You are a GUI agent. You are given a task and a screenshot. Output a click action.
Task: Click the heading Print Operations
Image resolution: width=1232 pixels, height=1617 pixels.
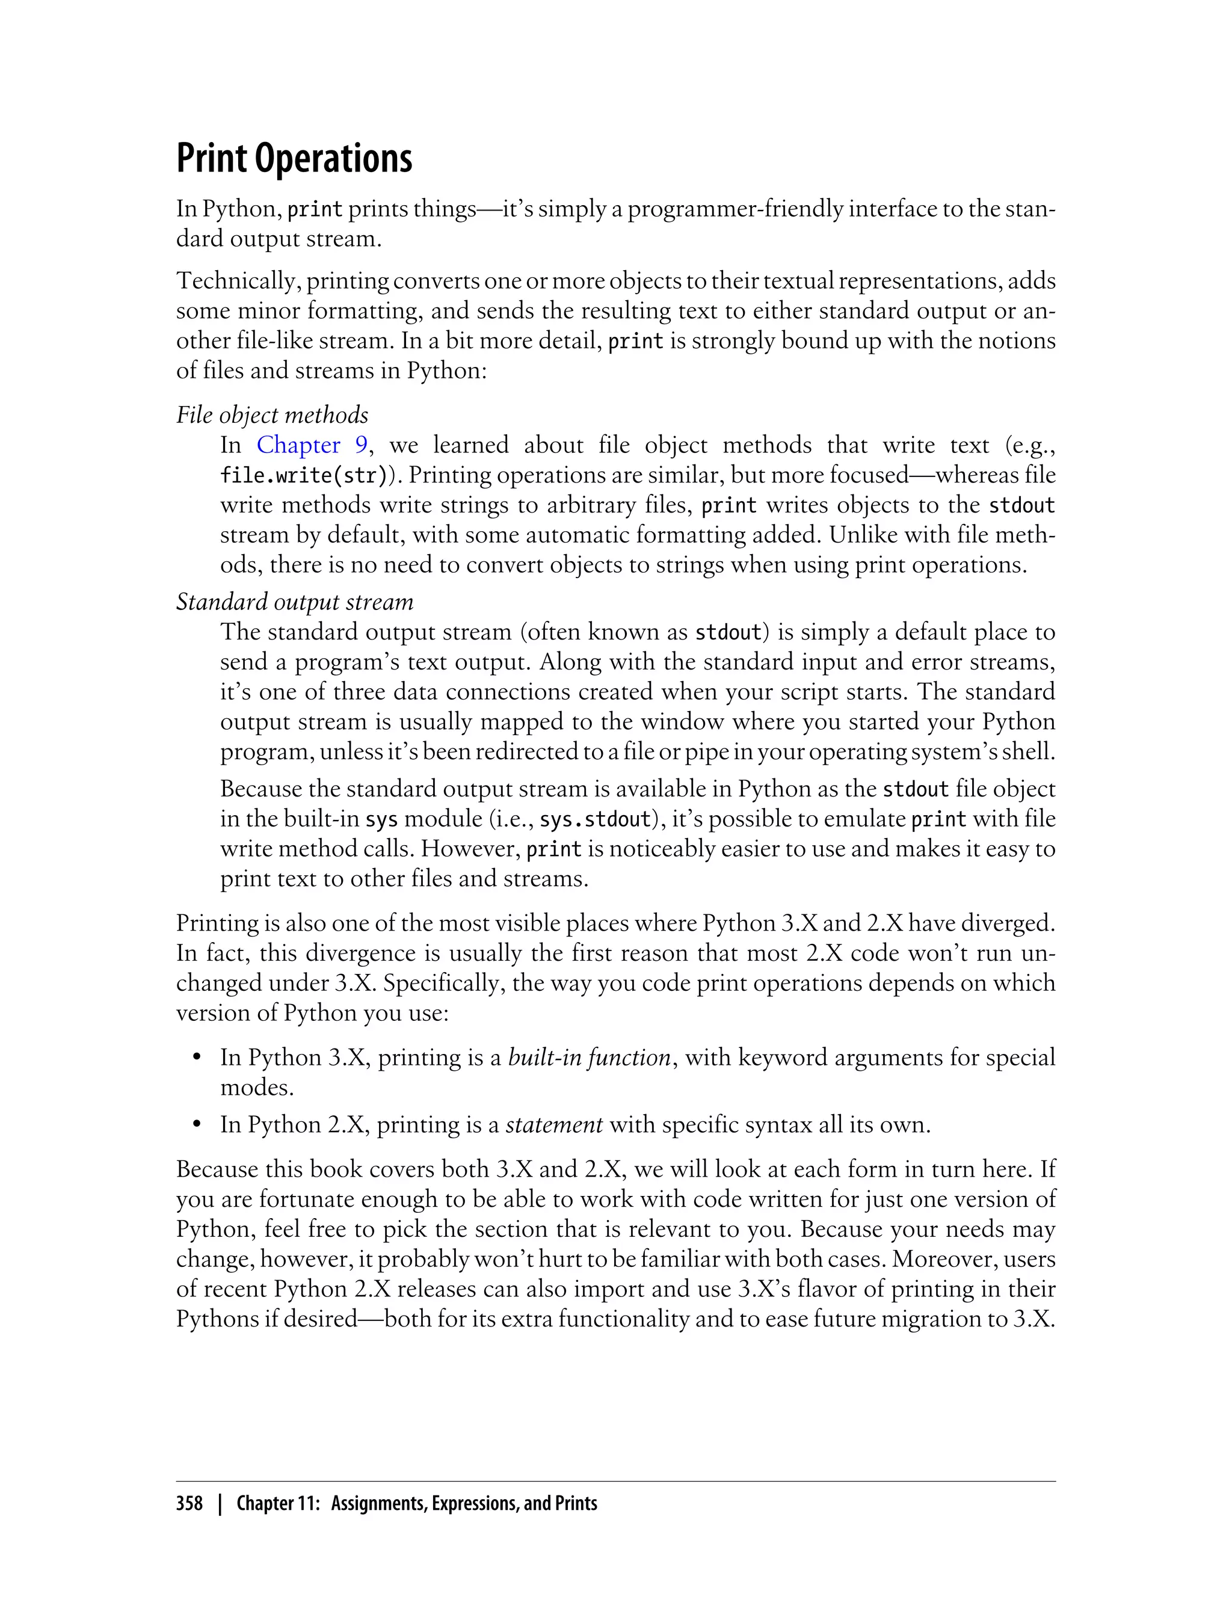pyautogui.click(x=294, y=158)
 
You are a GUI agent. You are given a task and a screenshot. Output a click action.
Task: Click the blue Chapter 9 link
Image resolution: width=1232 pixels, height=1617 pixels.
pyautogui.click(x=312, y=445)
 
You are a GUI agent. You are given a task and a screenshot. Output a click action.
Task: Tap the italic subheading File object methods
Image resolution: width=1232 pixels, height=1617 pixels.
pyautogui.click(x=272, y=415)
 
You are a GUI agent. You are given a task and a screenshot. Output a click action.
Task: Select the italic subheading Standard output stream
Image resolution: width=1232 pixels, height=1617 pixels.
pyautogui.click(x=295, y=602)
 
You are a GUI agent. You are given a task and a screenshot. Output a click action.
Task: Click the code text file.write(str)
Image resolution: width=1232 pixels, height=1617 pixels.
pyautogui.click(x=303, y=476)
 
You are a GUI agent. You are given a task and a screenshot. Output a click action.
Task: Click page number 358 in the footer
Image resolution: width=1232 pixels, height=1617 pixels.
pyautogui.click(x=189, y=1503)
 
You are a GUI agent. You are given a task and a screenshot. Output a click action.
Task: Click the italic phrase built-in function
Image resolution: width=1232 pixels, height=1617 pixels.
pyautogui.click(x=590, y=1058)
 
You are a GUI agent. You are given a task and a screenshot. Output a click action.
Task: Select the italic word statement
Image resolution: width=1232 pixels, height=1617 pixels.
pyautogui.click(x=555, y=1125)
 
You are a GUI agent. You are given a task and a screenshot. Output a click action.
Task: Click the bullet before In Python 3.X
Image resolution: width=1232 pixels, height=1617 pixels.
pyautogui.click(x=197, y=1058)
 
